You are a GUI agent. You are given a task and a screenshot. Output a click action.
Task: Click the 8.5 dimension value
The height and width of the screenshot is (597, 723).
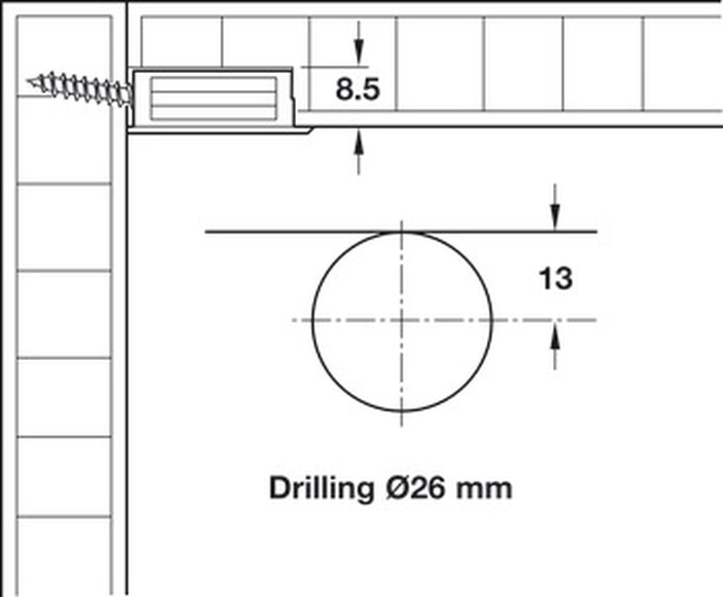[358, 89]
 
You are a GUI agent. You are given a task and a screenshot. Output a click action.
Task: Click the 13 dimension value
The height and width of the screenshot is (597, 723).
[555, 278]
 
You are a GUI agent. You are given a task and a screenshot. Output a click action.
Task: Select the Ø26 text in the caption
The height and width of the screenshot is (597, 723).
[415, 488]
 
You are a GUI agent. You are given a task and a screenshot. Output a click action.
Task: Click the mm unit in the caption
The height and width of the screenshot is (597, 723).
[484, 491]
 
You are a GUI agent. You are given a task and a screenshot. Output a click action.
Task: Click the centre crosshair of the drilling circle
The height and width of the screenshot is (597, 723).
[402, 320]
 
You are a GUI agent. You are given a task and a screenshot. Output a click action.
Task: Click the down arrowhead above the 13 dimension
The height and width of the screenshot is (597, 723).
[555, 218]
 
